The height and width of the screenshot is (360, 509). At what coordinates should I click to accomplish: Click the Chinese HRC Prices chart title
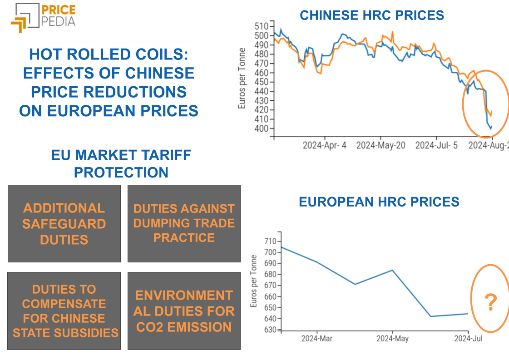pyautogui.click(x=371, y=15)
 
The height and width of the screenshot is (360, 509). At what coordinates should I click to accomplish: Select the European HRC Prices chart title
pyautogui.click(x=379, y=202)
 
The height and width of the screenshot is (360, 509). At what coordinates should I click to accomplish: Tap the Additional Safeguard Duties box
pyautogui.click(x=64, y=223)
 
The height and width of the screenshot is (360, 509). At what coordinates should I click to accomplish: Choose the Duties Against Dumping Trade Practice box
pyautogui.click(x=184, y=223)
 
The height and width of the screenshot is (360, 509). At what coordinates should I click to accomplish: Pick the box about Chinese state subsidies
pyautogui.click(x=64, y=311)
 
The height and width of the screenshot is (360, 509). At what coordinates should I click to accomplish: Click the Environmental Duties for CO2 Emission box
pyautogui.click(x=184, y=311)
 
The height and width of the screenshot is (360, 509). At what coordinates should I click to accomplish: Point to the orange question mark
pyautogui.click(x=490, y=302)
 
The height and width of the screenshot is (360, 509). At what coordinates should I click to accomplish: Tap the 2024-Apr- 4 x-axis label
pyautogui.click(x=324, y=145)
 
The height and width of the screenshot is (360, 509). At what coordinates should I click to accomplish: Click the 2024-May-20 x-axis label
pyautogui.click(x=380, y=145)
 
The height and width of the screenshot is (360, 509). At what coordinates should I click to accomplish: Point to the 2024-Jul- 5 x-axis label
pyautogui.click(x=436, y=145)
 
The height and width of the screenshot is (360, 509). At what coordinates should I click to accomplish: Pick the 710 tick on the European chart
pyautogui.click(x=270, y=242)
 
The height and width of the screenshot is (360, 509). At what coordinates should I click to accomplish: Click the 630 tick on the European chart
pyautogui.click(x=270, y=330)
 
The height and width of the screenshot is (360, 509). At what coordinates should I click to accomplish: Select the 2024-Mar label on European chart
pyautogui.click(x=316, y=339)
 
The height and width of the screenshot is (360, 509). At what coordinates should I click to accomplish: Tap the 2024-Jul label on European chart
pyautogui.click(x=468, y=339)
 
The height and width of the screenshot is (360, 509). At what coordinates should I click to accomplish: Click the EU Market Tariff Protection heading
pyautogui.click(x=121, y=163)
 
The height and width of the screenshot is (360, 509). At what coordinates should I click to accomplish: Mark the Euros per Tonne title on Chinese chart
pyautogui.click(x=242, y=78)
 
